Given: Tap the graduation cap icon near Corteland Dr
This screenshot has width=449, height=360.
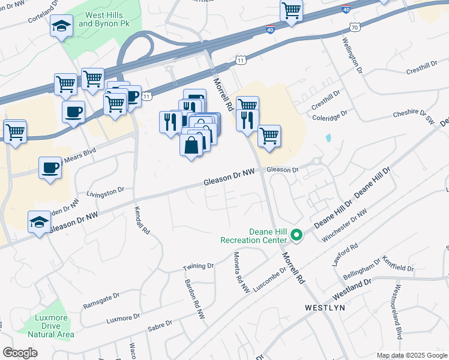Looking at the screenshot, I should point(61,26).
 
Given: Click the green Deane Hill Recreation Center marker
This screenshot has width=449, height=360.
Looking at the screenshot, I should point(295,235).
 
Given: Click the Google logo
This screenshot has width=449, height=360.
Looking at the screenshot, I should point(20,353).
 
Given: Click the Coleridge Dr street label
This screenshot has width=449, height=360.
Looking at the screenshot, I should point(330,114).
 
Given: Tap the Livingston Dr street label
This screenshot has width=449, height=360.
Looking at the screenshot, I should point(105,191).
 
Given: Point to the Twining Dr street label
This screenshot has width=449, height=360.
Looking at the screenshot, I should point(198,265).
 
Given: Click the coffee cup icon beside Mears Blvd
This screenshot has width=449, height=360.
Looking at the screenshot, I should point(50,167).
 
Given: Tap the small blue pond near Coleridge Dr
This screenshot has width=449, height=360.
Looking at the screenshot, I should point(328,137).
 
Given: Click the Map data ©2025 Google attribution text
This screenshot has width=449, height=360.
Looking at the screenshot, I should point(412,355).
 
